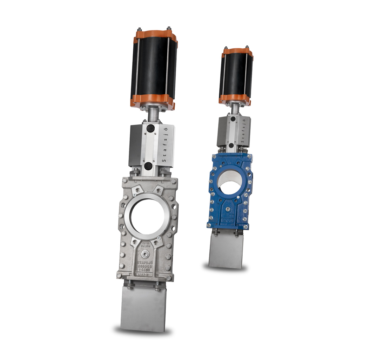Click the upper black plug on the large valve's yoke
click(x=150, y=129)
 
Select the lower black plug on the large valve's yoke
click(x=148, y=166)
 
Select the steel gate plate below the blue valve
click(x=226, y=250)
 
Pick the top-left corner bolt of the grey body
click(x=125, y=181)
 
